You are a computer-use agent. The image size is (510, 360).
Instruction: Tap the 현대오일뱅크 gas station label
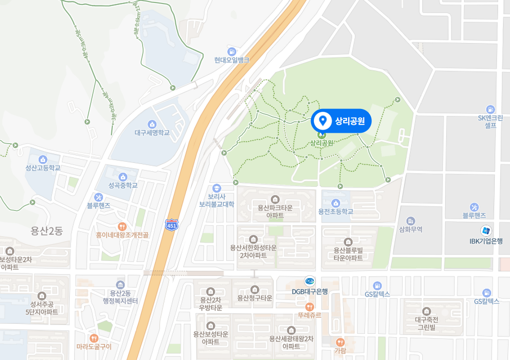pyautogui.click(x=232, y=60)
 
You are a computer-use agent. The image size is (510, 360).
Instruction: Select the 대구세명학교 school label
pyautogui.click(x=152, y=133)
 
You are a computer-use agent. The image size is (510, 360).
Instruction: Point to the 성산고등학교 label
pyautogui.click(x=43, y=168)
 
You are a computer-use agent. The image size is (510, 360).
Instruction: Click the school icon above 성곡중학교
pyautogui.click(x=123, y=177)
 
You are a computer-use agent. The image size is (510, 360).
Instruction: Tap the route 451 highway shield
pyautogui.click(x=172, y=225)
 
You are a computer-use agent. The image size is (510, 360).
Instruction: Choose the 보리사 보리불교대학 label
pyautogui.click(x=216, y=200)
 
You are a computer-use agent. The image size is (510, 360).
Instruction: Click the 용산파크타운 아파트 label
pyautogui.click(x=275, y=211)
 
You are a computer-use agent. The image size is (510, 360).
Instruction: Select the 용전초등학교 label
pyautogui.click(x=336, y=211)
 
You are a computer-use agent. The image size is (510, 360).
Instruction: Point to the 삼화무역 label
pyautogui.click(x=410, y=230)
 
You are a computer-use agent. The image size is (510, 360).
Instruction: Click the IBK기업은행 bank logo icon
pyautogui.click(x=486, y=230)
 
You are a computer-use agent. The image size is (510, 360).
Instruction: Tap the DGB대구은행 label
pyautogui.click(x=309, y=291)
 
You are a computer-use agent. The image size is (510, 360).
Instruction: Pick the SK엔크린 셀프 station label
pyautogui.click(x=490, y=121)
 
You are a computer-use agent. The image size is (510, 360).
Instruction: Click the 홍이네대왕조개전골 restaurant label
pyautogui.click(x=122, y=235)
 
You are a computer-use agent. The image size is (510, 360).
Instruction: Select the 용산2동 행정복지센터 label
pyautogui.click(x=120, y=297)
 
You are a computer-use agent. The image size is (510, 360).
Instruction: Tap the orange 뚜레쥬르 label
pyautogui.click(x=309, y=314)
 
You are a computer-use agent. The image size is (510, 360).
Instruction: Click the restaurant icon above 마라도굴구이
pyautogui.click(x=94, y=338)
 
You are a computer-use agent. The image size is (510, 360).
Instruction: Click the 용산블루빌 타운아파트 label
pyautogui.click(x=348, y=254)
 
